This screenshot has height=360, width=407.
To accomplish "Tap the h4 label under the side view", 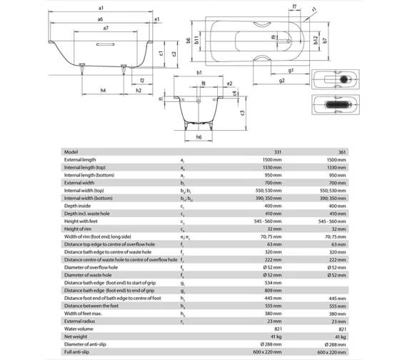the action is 104,91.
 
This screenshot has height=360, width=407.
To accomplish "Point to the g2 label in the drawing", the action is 283,81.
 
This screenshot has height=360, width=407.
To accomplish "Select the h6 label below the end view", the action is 199,136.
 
